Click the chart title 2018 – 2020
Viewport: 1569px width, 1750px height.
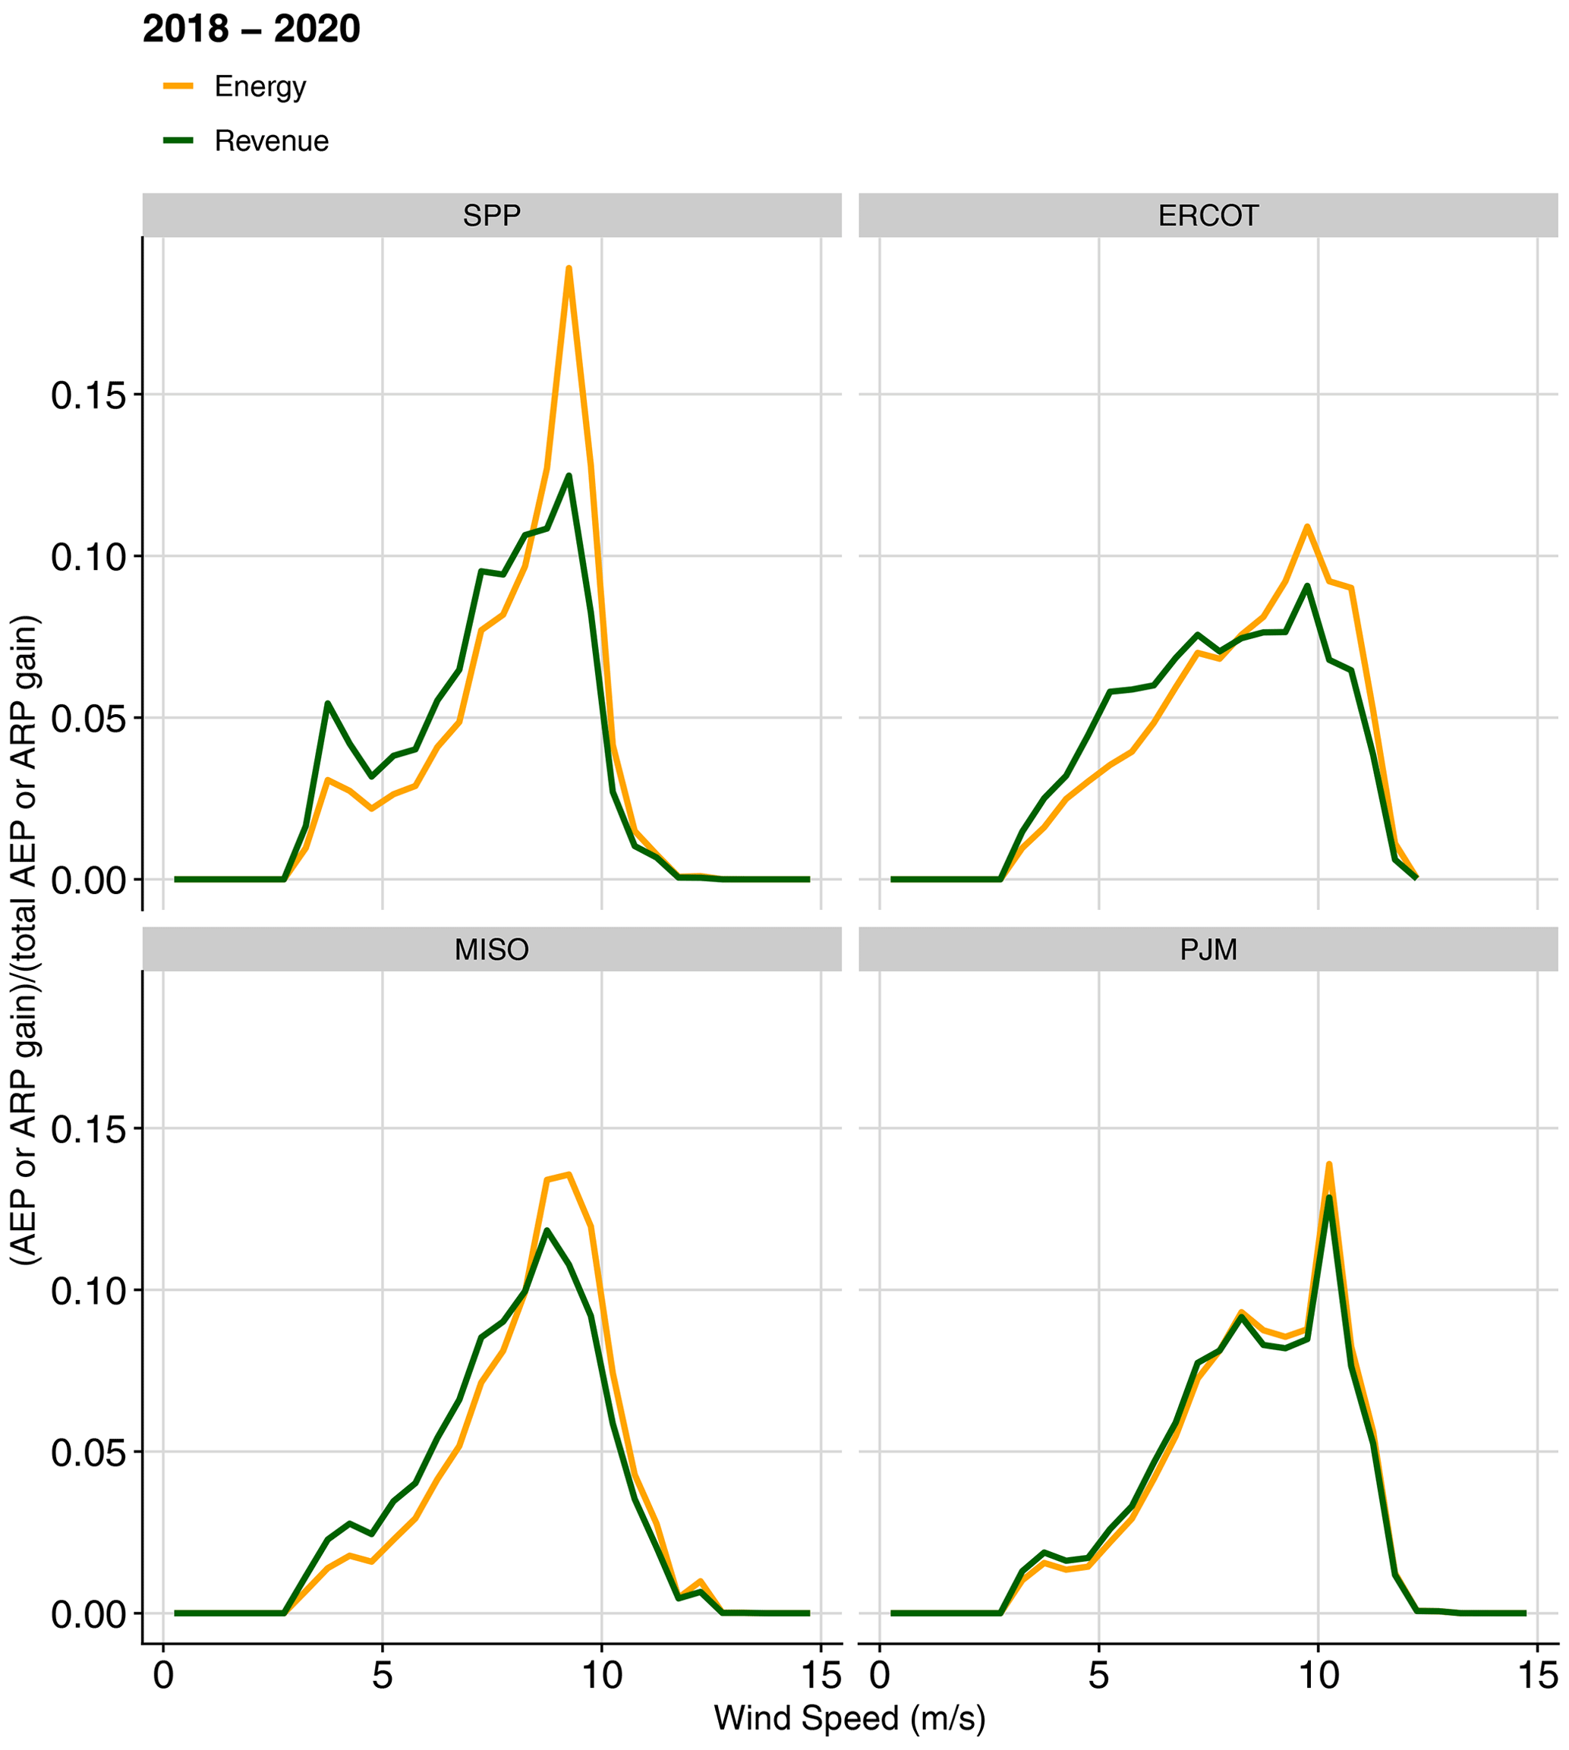(250, 30)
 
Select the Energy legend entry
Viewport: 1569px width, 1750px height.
(260, 87)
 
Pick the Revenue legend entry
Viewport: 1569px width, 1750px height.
(271, 140)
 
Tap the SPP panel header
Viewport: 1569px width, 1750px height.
(491, 215)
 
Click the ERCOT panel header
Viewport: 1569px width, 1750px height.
(1208, 215)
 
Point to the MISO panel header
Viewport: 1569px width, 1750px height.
(491, 949)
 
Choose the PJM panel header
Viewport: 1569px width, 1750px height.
(1208, 949)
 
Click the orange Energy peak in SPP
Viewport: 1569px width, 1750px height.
(568, 268)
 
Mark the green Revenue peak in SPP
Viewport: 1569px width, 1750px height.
(568, 475)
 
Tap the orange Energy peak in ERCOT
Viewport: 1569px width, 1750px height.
(1307, 526)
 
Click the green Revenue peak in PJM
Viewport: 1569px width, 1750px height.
(1328, 1197)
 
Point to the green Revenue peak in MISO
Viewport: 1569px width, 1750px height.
(547, 1229)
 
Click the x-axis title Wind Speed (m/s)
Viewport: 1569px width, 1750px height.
(849, 1718)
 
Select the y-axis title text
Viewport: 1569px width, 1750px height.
(24, 940)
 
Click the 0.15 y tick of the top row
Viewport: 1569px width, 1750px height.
(87, 395)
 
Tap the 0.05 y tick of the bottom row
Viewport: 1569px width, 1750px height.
(87, 1453)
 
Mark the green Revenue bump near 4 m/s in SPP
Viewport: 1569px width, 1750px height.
(328, 703)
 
